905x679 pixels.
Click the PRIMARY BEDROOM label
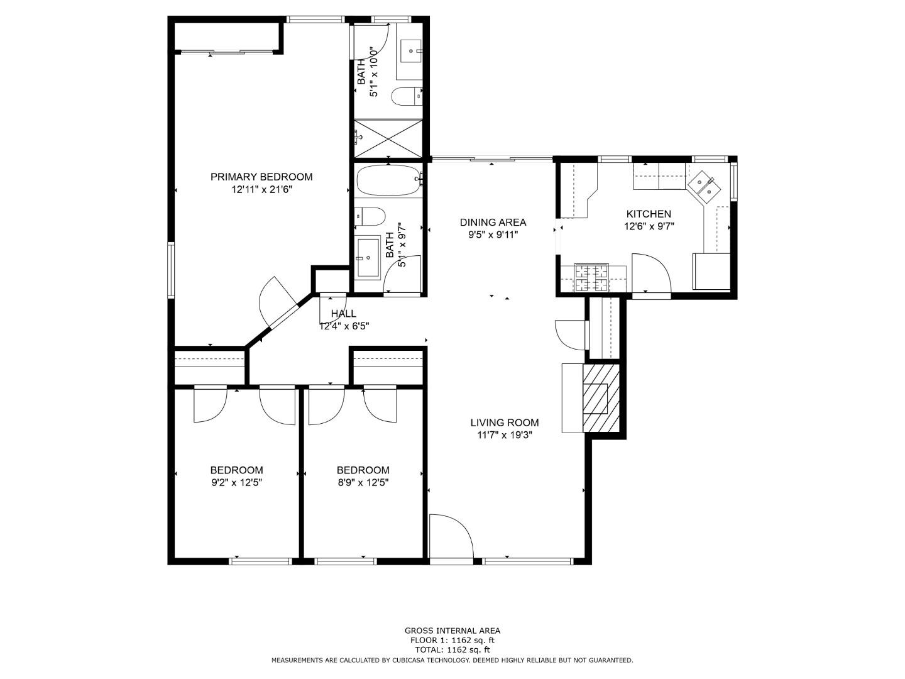pyautogui.click(x=261, y=177)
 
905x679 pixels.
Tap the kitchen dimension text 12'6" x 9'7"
pyautogui.click(x=649, y=226)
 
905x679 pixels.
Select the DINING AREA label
pyautogui.click(x=493, y=222)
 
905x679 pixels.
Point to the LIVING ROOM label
pyautogui.click(x=504, y=422)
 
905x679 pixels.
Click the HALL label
pyautogui.click(x=343, y=313)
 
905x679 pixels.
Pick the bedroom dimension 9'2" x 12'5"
pyautogui.click(x=236, y=483)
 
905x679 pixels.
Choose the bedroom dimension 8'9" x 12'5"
pyautogui.click(x=363, y=483)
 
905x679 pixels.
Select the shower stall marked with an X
pyautogui.click(x=388, y=138)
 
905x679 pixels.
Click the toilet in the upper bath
pyautogui.click(x=405, y=96)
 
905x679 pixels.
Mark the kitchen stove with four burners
pyautogui.click(x=591, y=278)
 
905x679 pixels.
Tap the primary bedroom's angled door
pyautogui.click(x=277, y=302)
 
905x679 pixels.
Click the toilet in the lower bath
pyautogui.click(x=370, y=217)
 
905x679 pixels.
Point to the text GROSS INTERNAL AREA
pyautogui.click(x=452, y=631)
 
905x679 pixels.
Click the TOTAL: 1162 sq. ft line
pyautogui.click(x=452, y=649)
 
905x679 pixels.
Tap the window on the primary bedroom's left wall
pyautogui.click(x=170, y=270)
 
